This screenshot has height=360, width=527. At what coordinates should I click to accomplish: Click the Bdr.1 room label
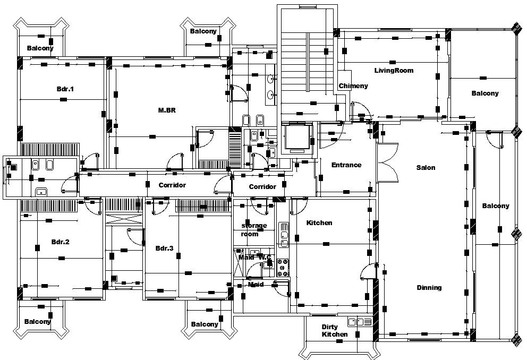pyautogui.click(x=65, y=89)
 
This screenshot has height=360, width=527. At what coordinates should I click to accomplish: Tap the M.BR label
pyautogui.click(x=167, y=110)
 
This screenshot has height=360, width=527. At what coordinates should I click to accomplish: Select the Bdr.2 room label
pyautogui.click(x=61, y=242)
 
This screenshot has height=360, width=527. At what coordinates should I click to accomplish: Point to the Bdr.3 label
pyautogui.click(x=165, y=248)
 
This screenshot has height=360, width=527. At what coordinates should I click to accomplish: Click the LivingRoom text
pyautogui.click(x=394, y=71)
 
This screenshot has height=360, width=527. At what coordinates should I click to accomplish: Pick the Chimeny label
pyautogui.click(x=353, y=86)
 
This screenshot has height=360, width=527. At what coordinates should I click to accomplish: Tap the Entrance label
pyautogui.click(x=346, y=165)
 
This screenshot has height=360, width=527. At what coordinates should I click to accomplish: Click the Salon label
pyautogui.click(x=426, y=168)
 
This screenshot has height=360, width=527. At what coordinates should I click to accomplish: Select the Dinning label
pyautogui.click(x=429, y=288)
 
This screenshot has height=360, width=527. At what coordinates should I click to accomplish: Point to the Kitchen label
pyautogui.click(x=319, y=223)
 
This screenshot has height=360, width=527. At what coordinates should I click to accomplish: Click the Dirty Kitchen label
pyautogui.click(x=335, y=330)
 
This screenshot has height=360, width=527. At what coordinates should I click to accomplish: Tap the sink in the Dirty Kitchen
pyautogui.click(x=360, y=321)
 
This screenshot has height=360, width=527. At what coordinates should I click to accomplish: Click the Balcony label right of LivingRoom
pyautogui.click(x=485, y=93)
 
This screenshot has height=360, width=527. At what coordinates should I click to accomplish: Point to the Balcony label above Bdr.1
pyautogui.click(x=40, y=48)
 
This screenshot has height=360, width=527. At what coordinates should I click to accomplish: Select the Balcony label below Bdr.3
pyautogui.click(x=205, y=324)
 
